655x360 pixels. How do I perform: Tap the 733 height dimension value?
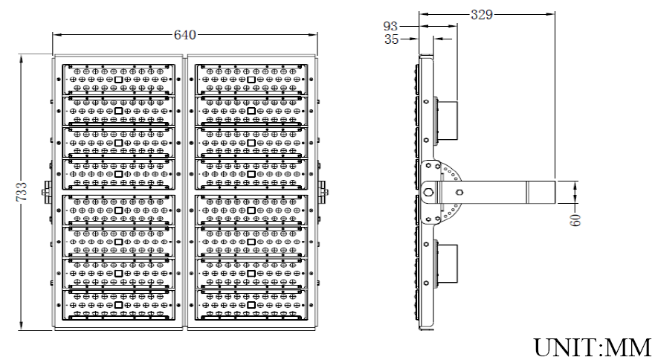coord(23,192)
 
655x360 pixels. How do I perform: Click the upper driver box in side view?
coord(445,120)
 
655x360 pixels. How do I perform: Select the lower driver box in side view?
coord(445,263)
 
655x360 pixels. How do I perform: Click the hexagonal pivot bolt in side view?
coord(428,192)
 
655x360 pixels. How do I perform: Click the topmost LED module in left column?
coord(119,79)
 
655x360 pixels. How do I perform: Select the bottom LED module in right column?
coord(251,306)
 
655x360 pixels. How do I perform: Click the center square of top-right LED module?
coord(251,79)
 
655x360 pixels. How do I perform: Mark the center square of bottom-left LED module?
coord(119,306)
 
